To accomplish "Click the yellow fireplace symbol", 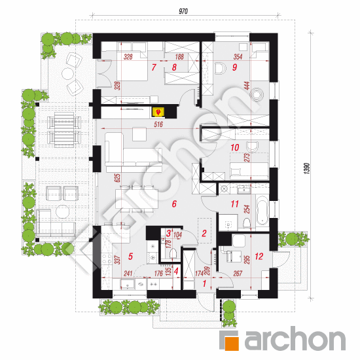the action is click(158, 112).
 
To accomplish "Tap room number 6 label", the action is click(174, 204).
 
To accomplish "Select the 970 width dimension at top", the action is click(183, 11).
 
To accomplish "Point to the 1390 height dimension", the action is click(308, 168).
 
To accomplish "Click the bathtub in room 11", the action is click(262, 210).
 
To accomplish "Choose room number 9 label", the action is click(234, 67).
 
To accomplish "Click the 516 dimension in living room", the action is click(158, 124).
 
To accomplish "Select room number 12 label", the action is click(259, 256).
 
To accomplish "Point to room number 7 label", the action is click(154, 67).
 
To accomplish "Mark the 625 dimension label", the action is click(117, 178).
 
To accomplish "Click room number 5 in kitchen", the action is click(130, 256).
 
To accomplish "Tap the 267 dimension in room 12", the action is click(238, 273).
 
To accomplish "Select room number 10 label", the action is click(234, 147).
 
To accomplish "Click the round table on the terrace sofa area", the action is click(62, 211).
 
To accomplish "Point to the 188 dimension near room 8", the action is click(179, 56).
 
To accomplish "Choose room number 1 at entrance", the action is click(204, 284).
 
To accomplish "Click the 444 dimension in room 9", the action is click(247, 86).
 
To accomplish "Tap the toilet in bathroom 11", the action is click(246, 223).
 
